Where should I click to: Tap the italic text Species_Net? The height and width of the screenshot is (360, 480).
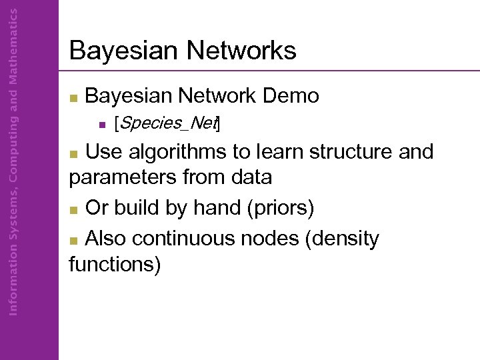167,123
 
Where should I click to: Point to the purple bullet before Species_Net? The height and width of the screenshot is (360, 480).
101,124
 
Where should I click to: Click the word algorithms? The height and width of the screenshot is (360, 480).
176,152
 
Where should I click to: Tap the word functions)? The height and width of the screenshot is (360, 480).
115,264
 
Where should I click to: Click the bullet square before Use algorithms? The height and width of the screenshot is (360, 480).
74,153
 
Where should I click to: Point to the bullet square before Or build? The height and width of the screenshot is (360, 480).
74,209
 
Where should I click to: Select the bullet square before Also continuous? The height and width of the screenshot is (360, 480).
74,239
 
